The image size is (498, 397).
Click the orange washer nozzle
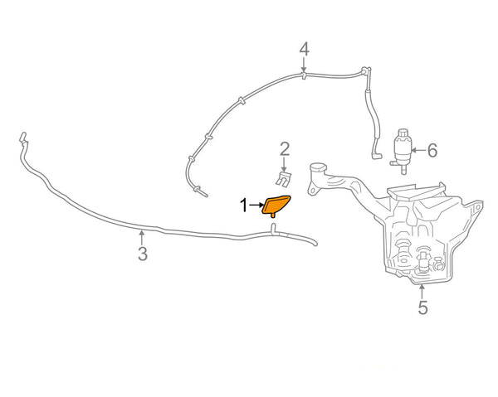click(x=276, y=204)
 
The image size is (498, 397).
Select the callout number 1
click(x=244, y=204)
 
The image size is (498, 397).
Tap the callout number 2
click(x=285, y=150)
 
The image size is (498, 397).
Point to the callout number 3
click(x=143, y=254)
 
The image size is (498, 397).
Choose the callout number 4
click(x=305, y=50)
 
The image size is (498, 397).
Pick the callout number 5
click(x=422, y=308)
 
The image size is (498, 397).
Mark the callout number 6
click(x=432, y=151)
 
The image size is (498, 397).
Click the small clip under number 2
click(x=284, y=178)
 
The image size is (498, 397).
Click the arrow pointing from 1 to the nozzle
click(x=256, y=204)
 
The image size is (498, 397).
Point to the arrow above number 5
click(x=422, y=290)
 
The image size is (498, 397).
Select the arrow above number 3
click(x=143, y=236)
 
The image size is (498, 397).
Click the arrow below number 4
click(x=305, y=66)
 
